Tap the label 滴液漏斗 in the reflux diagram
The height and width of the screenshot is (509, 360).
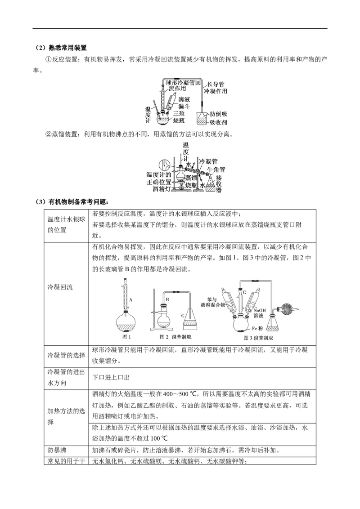184,102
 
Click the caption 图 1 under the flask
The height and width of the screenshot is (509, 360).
126,336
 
